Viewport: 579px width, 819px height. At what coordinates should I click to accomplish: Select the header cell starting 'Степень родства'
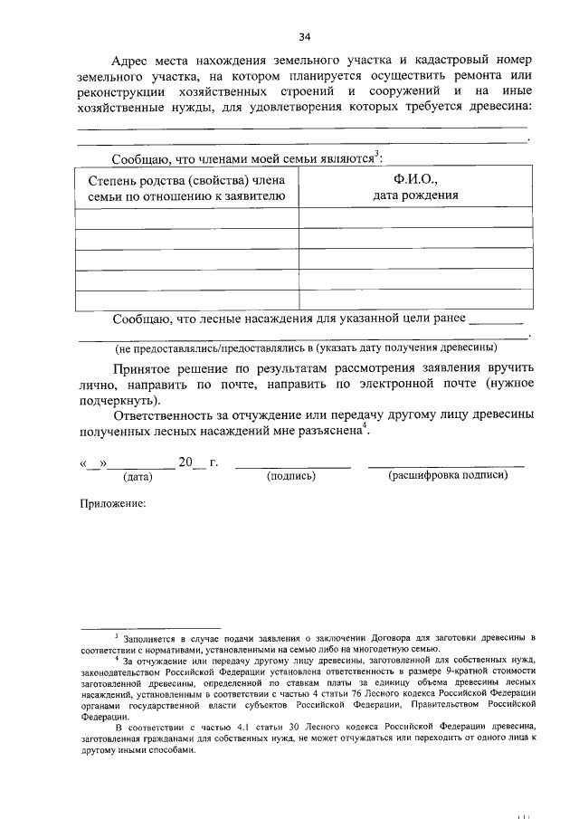pyautogui.click(x=187, y=187)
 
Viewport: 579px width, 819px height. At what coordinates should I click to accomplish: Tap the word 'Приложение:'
pyautogui.click(x=113, y=503)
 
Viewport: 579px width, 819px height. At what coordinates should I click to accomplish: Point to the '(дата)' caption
pyautogui.click(x=138, y=476)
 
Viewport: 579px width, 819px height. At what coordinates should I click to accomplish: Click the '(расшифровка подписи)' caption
pyautogui.click(x=445, y=476)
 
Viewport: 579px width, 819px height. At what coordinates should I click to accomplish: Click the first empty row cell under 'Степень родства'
pyautogui.click(x=187, y=218)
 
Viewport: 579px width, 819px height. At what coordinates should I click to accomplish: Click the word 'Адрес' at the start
pyautogui.click(x=131, y=60)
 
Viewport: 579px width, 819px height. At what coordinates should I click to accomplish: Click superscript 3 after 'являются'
pyautogui.click(x=377, y=154)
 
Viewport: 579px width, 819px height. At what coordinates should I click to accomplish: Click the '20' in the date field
pyautogui.click(x=185, y=462)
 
